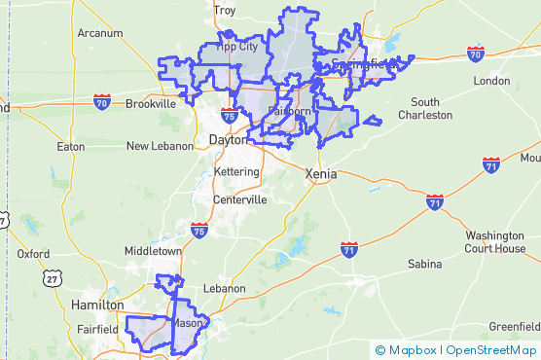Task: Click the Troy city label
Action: (x=225, y=11)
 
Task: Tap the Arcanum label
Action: (x=100, y=32)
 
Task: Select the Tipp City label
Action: (x=236, y=46)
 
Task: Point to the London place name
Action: (x=491, y=81)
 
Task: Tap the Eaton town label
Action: (x=71, y=147)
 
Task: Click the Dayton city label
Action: (x=228, y=140)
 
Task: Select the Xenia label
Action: (x=321, y=174)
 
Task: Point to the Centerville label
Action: (x=239, y=199)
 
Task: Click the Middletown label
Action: (x=153, y=250)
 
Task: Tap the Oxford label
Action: (x=33, y=254)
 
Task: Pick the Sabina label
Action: (x=424, y=264)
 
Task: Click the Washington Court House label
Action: (x=494, y=241)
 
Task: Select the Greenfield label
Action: (x=513, y=325)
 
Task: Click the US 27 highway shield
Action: (x=50, y=279)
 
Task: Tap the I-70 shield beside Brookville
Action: (x=102, y=100)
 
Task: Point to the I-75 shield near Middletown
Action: (x=198, y=231)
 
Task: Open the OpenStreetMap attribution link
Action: (x=491, y=350)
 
